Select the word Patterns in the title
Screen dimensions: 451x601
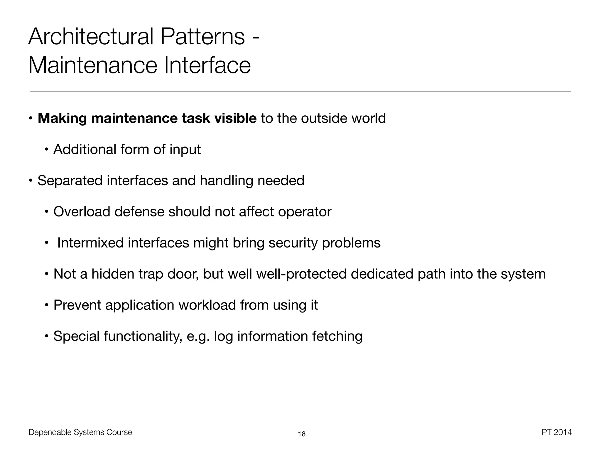point(202,36)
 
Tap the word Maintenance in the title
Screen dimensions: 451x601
point(93,65)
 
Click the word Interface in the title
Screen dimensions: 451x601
point(207,65)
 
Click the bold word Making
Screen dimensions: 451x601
point(62,118)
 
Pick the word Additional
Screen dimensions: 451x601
point(85,149)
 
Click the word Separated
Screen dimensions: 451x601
point(70,181)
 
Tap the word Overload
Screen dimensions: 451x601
point(82,212)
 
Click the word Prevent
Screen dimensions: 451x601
point(77,305)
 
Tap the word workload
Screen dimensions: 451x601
point(207,305)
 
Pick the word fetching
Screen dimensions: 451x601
point(337,336)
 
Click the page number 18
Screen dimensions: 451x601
point(302,434)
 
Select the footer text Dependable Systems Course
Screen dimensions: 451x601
point(80,432)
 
